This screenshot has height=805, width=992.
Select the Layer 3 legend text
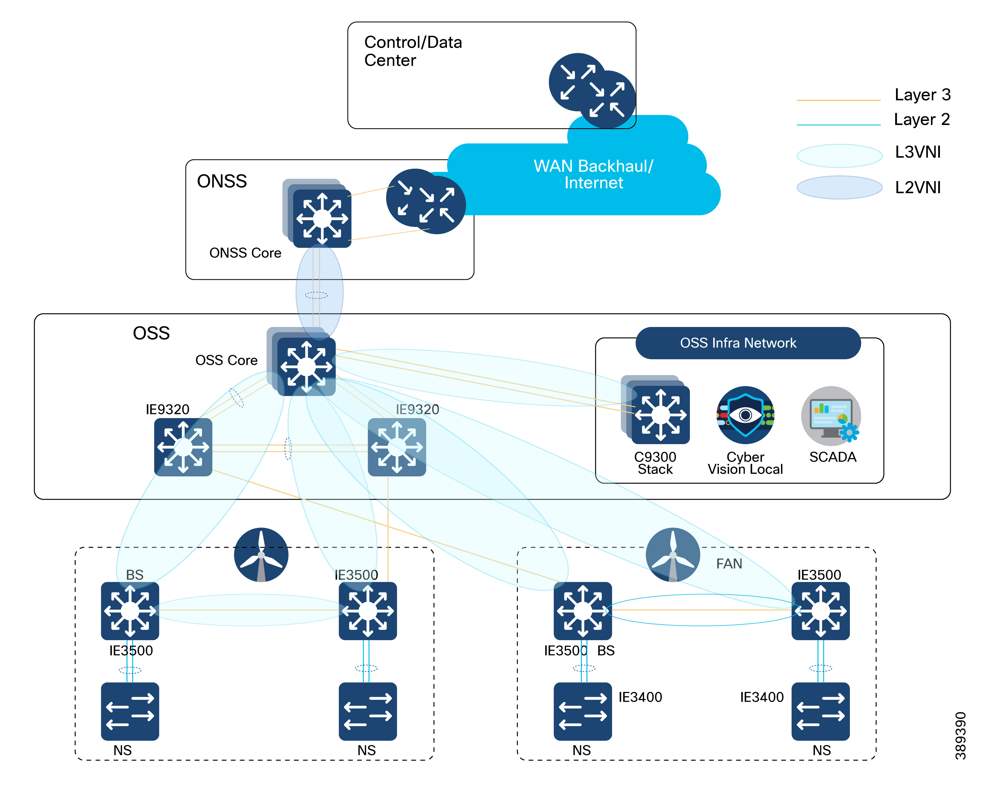tap(922, 95)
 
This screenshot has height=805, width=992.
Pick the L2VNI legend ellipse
tap(839, 187)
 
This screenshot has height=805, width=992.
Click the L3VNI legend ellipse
tap(839, 156)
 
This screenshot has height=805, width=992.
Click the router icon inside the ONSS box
tap(426, 201)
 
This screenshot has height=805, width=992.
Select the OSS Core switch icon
tap(306, 366)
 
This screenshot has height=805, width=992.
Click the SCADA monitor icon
tap(831, 415)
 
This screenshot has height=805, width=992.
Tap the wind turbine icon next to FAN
tap(673, 554)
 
